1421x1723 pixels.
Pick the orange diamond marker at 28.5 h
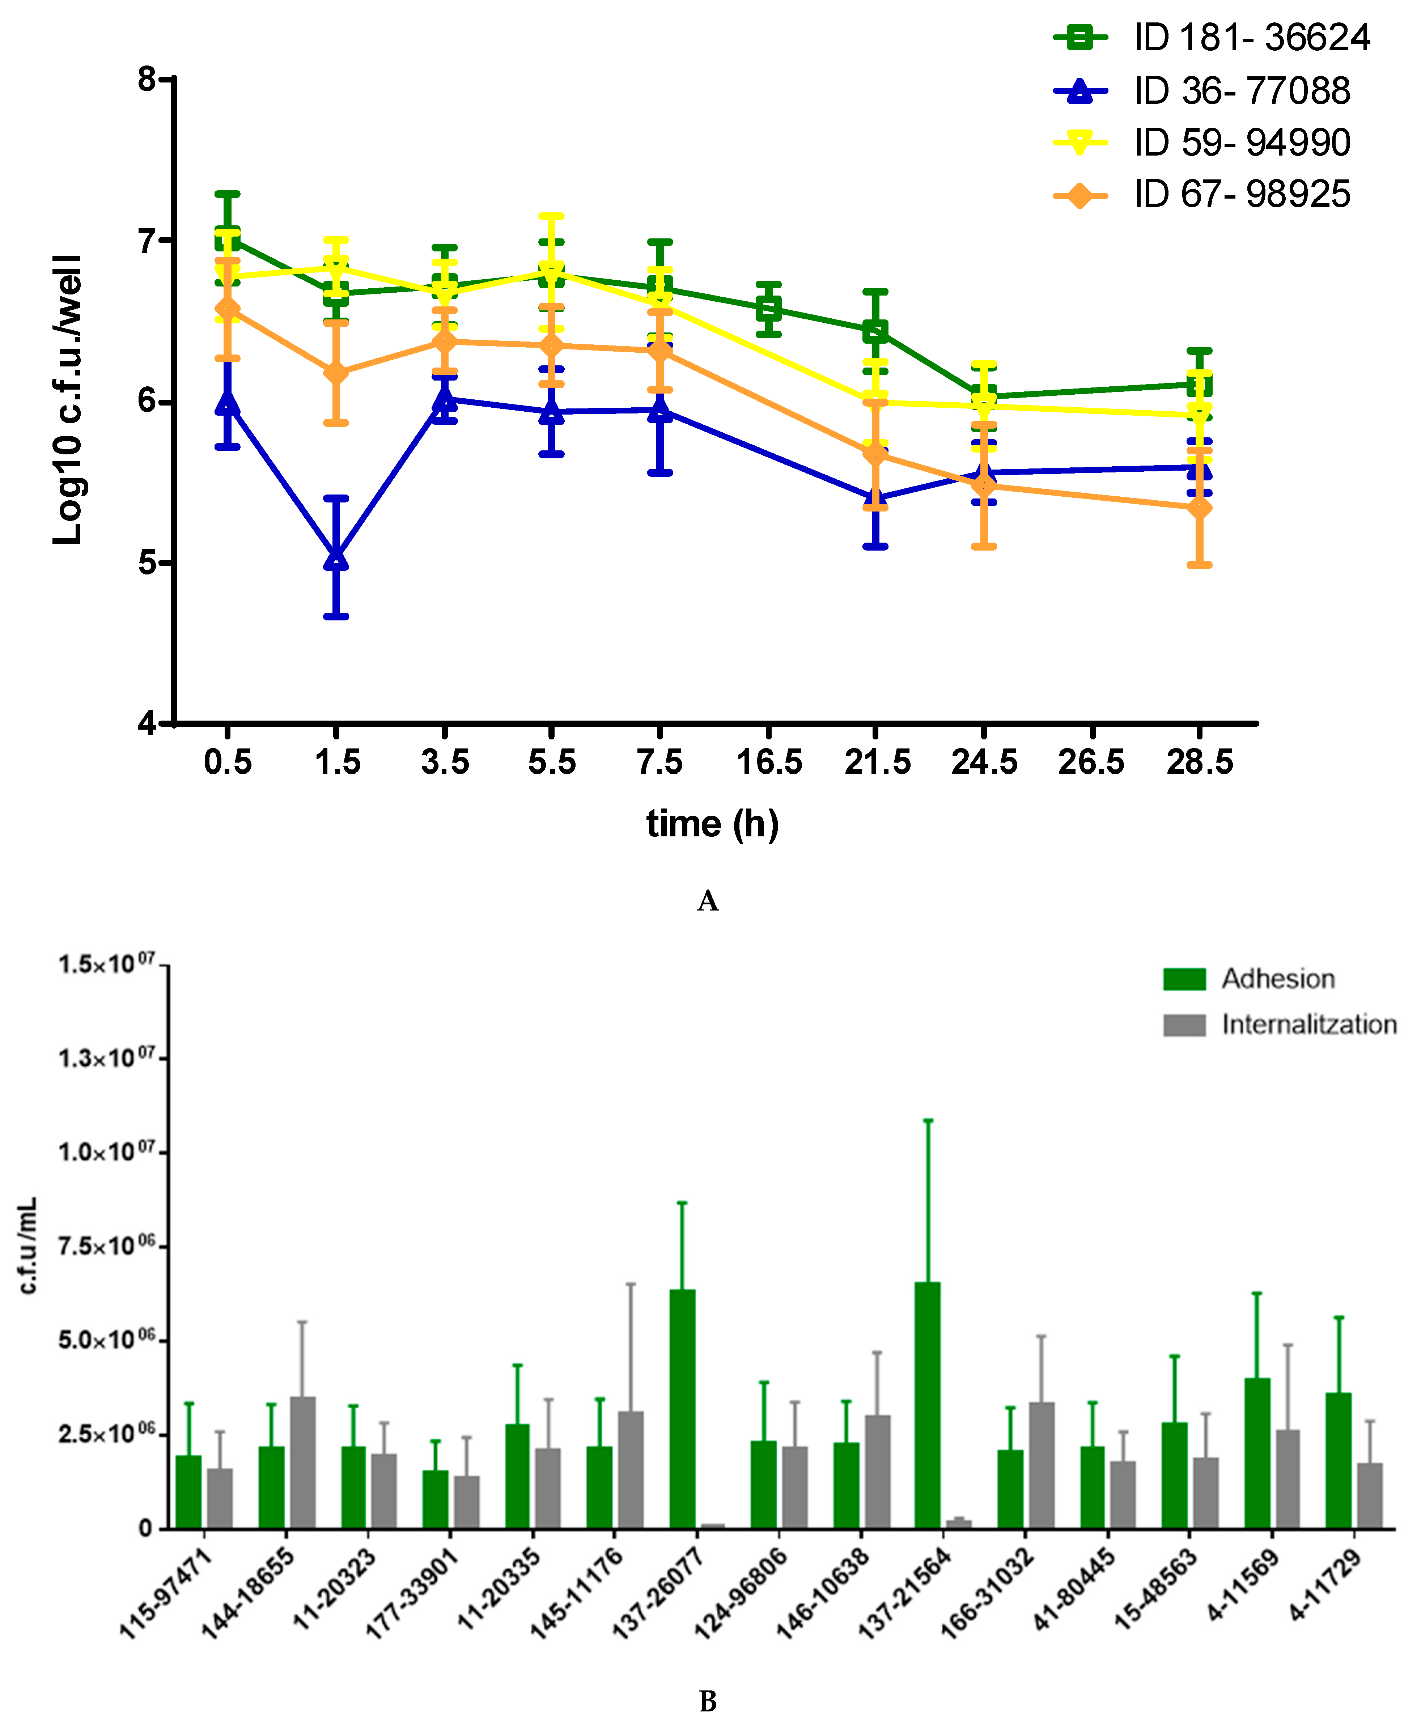tap(1199, 508)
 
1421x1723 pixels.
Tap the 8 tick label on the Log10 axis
tap(147, 79)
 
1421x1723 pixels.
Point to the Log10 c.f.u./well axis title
tap(67, 399)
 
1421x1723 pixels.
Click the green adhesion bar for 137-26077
tap(682, 1408)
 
